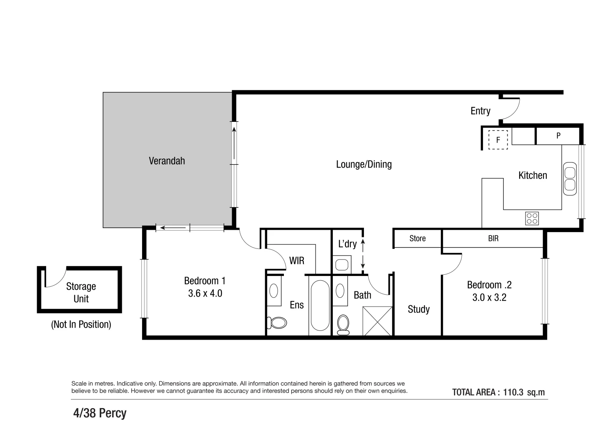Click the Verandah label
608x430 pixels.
click(x=167, y=161)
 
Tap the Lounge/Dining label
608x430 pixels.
click(x=364, y=164)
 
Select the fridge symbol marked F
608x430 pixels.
click(x=498, y=140)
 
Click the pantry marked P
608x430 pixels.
click(x=558, y=136)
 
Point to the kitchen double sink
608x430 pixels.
click(x=570, y=179)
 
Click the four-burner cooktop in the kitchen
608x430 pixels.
click(x=532, y=218)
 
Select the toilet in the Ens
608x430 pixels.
click(x=277, y=322)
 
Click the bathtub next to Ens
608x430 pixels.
click(x=320, y=305)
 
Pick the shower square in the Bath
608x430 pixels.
click(x=377, y=321)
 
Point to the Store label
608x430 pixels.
click(x=417, y=238)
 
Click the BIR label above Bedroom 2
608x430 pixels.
click(x=493, y=238)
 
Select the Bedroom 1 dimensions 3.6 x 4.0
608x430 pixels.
click(x=205, y=293)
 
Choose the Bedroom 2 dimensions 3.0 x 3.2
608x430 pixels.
click(x=489, y=297)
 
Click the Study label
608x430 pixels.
click(x=418, y=309)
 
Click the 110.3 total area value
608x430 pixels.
click(x=513, y=392)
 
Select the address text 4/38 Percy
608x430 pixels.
click(x=100, y=413)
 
